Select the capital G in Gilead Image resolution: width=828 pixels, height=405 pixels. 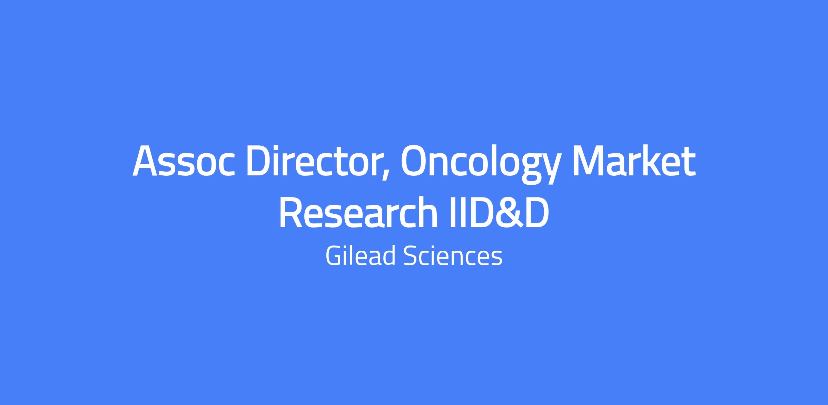coord(335,256)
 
